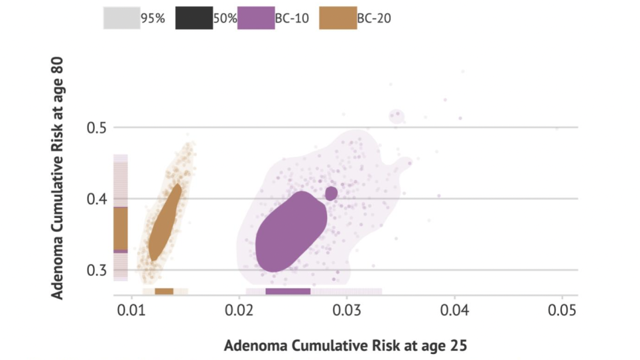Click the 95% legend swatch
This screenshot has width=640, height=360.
pyautogui.click(x=121, y=18)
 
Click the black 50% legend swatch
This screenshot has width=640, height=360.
pyautogui.click(x=194, y=18)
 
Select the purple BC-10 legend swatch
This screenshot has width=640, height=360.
pyautogui.click(x=255, y=18)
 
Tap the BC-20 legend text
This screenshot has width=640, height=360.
pyautogui.click(x=374, y=19)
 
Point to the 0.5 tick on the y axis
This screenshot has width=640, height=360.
pyautogui.click(x=97, y=127)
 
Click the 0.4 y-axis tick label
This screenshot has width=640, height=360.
pyautogui.click(x=97, y=199)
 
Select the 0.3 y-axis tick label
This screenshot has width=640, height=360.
pyautogui.click(x=97, y=270)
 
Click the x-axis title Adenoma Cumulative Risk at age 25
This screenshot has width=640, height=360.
pyautogui.click(x=345, y=345)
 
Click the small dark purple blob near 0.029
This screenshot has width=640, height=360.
pyautogui.click(x=332, y=193)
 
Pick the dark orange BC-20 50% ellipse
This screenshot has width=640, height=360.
pyautogui.click(x=165, y=222)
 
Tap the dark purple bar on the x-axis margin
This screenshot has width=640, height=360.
pyautogui.click(x=288, y=291)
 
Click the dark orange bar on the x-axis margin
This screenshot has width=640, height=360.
pyautogui.click(x=164, y=291)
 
